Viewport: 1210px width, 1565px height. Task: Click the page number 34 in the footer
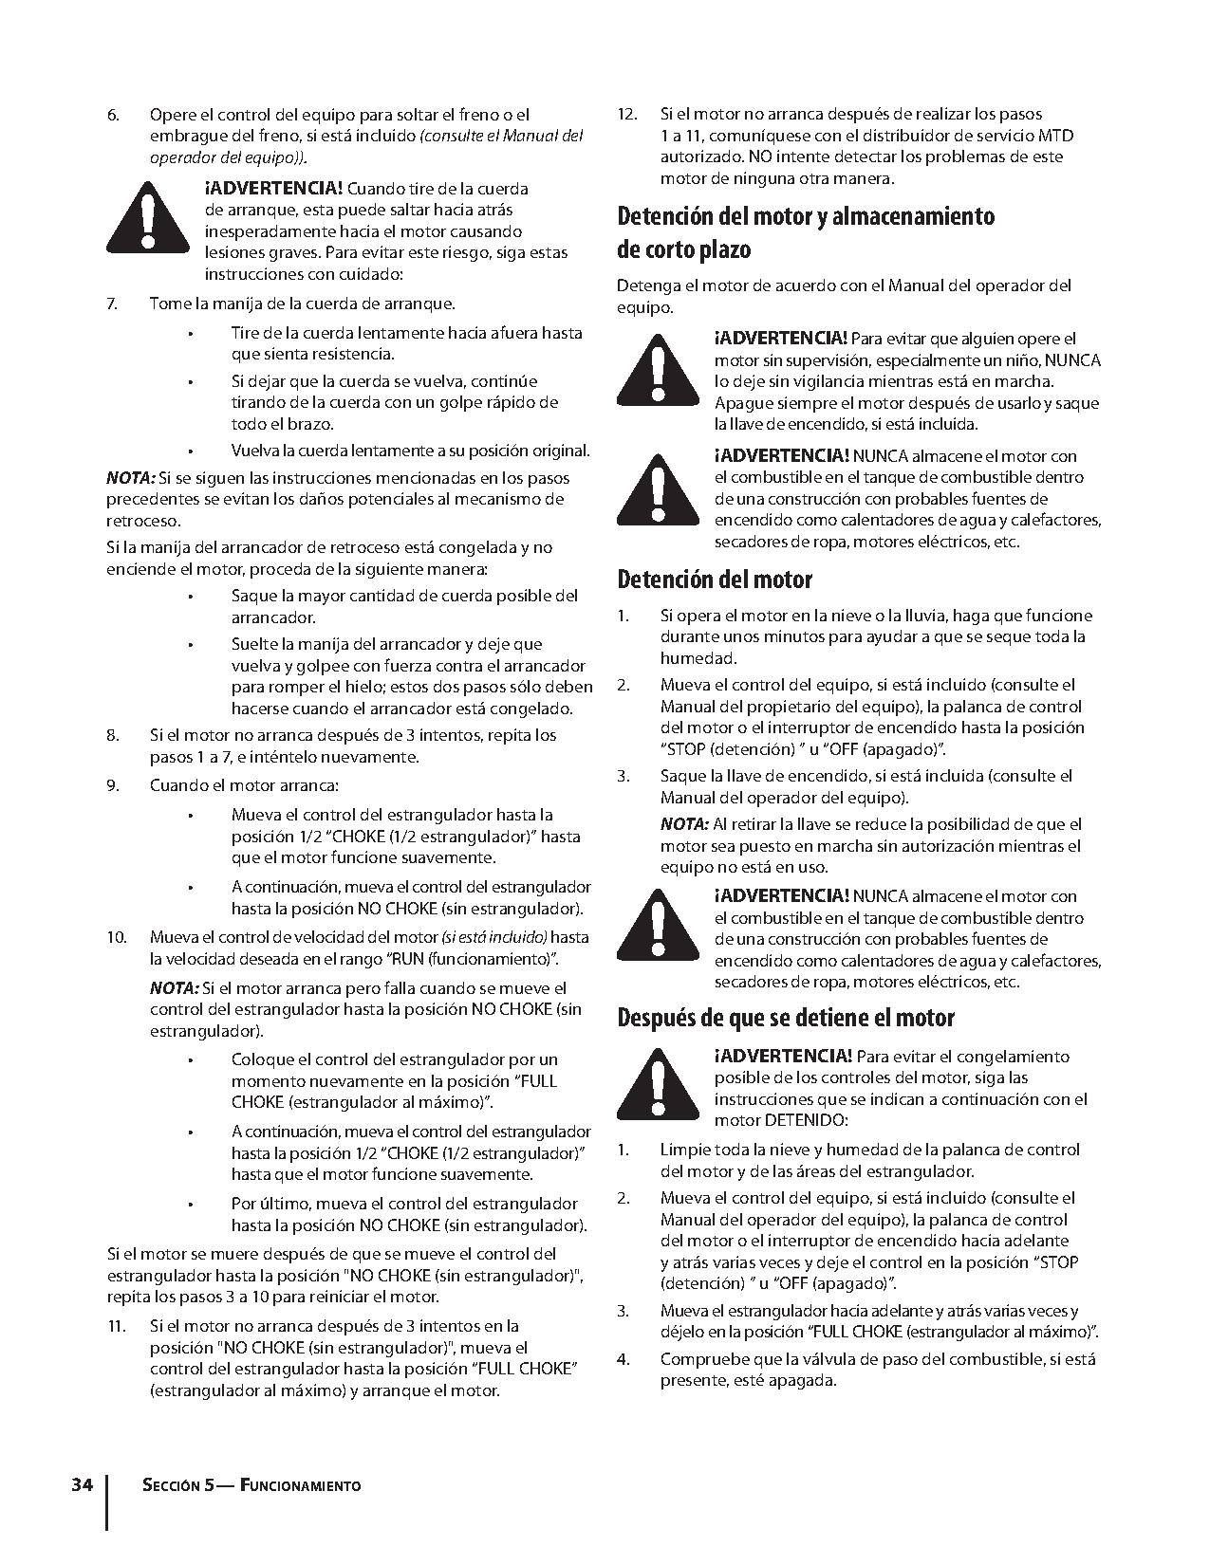pos(82,1484)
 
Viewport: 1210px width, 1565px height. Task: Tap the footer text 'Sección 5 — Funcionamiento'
pos(251,1485)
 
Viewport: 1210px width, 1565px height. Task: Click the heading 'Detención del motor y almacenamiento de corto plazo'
pos(806,232)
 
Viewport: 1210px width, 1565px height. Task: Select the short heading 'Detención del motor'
pos(715,579)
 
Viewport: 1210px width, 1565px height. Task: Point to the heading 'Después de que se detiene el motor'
pos(786,1018)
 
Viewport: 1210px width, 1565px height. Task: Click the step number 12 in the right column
pos(626,114)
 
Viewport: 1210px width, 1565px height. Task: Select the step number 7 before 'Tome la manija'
pos(112,304)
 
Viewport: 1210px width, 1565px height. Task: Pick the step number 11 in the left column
pos(115,1326)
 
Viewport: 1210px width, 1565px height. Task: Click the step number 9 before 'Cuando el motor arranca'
pos(112,785)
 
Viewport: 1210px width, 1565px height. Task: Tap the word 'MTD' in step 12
pos(1056,136)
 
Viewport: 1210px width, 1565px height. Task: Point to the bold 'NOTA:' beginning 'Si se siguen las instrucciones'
pos(130,478)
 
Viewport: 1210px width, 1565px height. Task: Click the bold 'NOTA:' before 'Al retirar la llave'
pos(684,824)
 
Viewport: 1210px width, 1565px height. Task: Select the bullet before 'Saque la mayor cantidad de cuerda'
pos(191,597)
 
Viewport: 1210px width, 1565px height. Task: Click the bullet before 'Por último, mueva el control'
pos(191,1204)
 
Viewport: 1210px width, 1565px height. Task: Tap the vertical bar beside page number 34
pos(106,1501)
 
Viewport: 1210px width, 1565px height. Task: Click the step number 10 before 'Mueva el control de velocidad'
pos(116,938)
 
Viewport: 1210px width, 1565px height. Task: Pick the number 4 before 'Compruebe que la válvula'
pos(623,1359)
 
